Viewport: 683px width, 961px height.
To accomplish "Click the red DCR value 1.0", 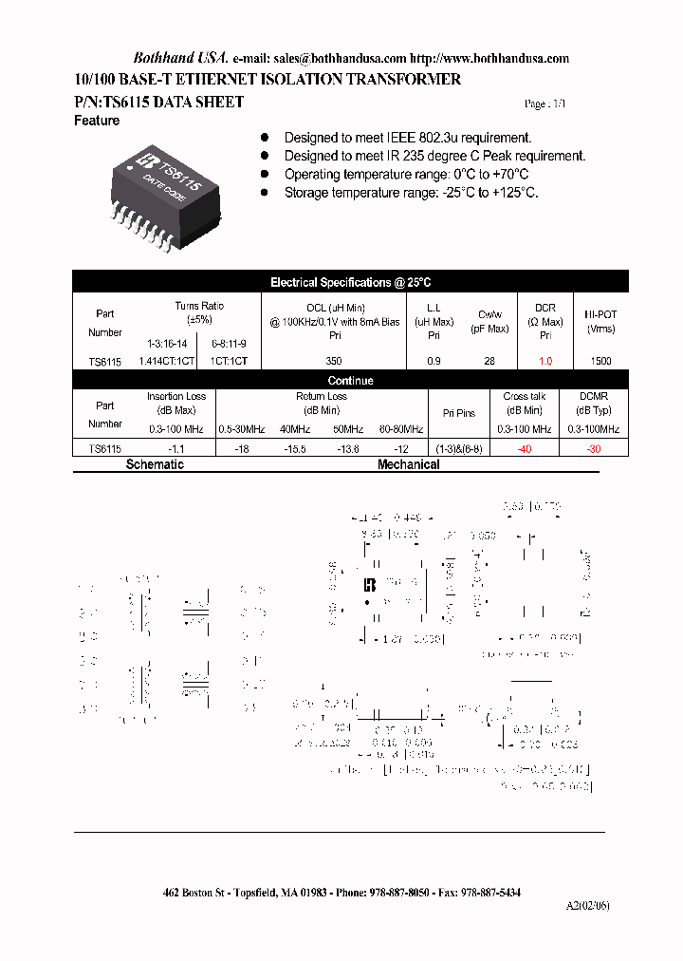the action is click(545, 362).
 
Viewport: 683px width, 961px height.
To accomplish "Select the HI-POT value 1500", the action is click(600, 362).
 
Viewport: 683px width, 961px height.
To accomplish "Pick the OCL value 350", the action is click(333, 362).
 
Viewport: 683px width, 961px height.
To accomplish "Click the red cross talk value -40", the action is click(524, 448).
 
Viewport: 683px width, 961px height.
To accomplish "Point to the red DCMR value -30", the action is click(593, 448).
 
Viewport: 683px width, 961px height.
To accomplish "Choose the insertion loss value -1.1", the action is click(175, 448).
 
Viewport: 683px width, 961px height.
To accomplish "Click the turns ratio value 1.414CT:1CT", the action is click(166, 362).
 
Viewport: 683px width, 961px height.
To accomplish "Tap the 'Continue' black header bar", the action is click(350, 380).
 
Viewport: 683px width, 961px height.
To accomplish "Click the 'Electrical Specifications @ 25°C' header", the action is click(350, 282).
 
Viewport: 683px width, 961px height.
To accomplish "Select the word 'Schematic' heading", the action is click(155, 464).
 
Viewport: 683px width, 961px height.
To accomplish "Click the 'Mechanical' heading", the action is click(408, 464).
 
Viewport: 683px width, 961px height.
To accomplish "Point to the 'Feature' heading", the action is click(97, 121).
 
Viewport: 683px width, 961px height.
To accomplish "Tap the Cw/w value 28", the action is click(489, 362).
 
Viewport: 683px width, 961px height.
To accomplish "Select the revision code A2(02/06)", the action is click(588, 906).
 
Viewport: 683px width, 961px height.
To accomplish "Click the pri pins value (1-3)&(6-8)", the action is click(458, 448).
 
